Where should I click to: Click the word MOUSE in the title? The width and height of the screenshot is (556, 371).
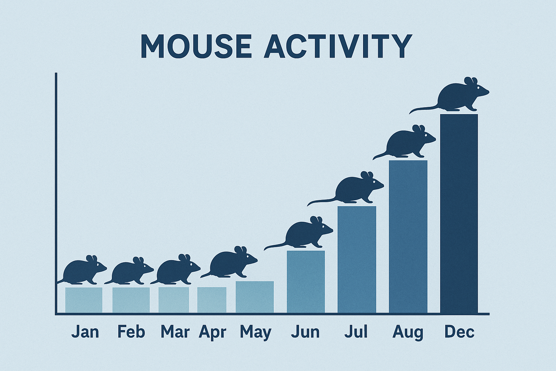tap(195, 46)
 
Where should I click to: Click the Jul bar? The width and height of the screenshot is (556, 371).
tap(357, 259)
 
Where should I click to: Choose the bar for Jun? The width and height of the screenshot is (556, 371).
tap(306, 281)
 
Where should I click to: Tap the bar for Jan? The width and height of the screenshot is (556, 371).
tap(84, 300)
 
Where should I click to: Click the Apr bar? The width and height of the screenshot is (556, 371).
tap(212, 300)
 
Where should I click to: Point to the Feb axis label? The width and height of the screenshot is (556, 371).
tap(131, 332)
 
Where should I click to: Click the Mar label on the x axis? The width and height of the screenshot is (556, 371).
tap(175, 332)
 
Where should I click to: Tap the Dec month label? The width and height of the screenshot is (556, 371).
tap(459, 332)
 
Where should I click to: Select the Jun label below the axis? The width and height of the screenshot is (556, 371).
tap(305, 332)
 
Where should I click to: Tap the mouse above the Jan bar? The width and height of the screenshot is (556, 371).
tap(83, 271)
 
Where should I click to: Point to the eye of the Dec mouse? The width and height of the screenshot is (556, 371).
tap(478, 88)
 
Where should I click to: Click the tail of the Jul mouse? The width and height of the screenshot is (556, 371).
tap(321, 201)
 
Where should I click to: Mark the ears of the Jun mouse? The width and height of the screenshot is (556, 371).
tap(316, 220)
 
